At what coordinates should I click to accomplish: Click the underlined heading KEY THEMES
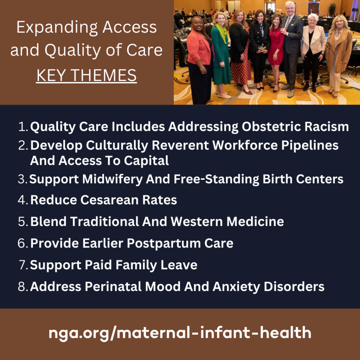(x=86, y=75)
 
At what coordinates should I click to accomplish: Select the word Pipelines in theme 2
(x=310, y=146)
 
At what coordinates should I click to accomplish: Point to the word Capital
(x=146, y=160)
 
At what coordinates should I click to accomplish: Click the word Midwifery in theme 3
(x=112, y=179)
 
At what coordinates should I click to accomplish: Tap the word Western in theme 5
(x=197, y=221)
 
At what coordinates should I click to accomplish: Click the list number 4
(x=23, y=200)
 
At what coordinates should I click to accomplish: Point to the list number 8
(x=23, y=287)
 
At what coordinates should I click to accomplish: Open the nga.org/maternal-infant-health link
(x=180, y=333)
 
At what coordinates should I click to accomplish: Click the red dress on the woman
(x=276, y=47)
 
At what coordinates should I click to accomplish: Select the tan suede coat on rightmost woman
(x=339, y=51)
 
